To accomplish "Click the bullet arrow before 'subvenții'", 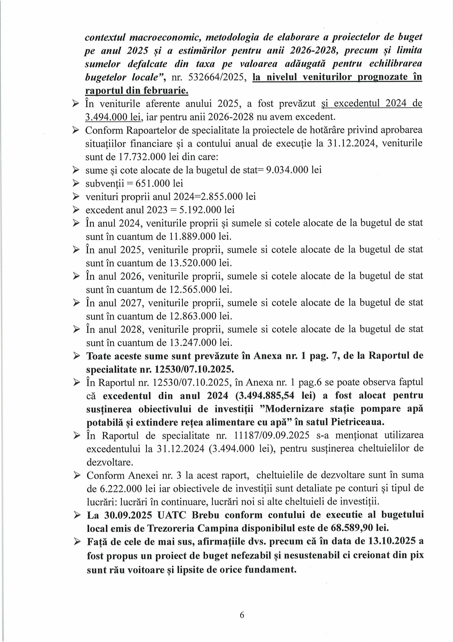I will coord(76,183).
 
